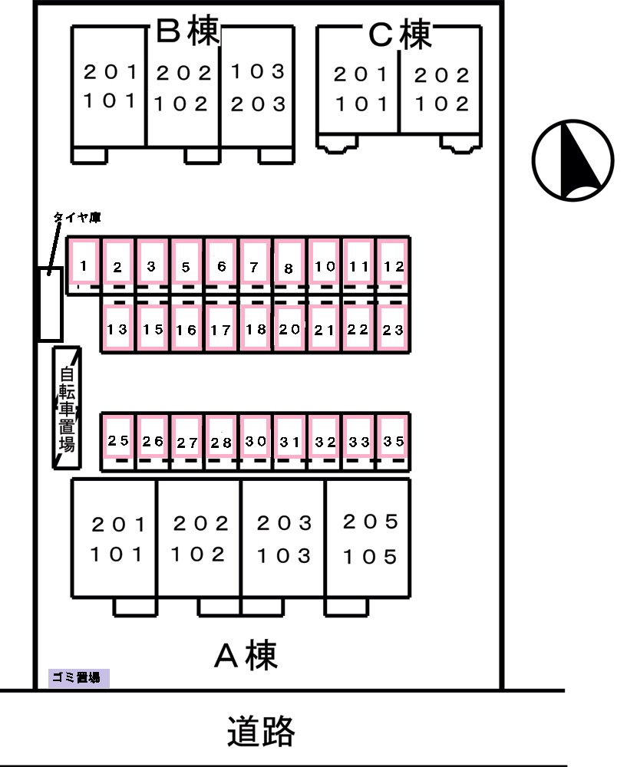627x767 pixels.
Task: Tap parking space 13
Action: (117, 328)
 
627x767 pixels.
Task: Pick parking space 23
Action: (393, 328)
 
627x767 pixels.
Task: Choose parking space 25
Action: (118, 437)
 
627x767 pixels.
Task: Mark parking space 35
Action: (393, 437)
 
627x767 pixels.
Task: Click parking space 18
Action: (256, 328)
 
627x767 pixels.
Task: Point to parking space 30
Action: (256, 437)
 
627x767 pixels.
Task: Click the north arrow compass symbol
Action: (573, 160)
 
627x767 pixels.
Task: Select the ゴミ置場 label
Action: (78, 677)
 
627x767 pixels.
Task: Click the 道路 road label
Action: (261, 731)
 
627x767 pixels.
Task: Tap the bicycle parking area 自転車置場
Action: (67, 408)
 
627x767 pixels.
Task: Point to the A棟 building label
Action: (246, 656)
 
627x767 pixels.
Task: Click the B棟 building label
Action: (187, 31)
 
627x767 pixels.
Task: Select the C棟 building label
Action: (400, 35)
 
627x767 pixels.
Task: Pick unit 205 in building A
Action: (370, 522)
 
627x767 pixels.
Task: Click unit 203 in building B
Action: (258, 104)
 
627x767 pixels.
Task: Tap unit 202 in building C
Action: (441, 75)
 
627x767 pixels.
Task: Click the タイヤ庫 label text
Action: (77, 217)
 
